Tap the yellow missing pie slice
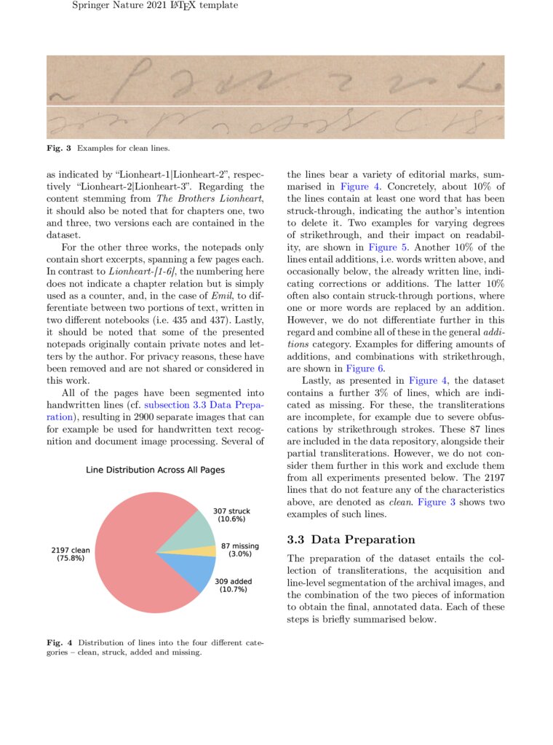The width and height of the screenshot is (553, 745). coord(207,551)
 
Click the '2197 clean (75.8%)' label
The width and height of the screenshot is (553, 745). coord(71,553)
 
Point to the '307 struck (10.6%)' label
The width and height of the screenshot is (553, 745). coord(231,515)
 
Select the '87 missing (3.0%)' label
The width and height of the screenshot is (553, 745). coord(240,550)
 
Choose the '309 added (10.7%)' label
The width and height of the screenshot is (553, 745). coord(234,585)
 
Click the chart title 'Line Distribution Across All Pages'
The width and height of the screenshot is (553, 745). coord(155,470)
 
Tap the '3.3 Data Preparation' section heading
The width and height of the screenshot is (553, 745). coord(351,540)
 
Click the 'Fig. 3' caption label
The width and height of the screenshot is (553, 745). coord(59,149)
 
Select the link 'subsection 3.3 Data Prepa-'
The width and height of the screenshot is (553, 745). coord(204,405)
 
